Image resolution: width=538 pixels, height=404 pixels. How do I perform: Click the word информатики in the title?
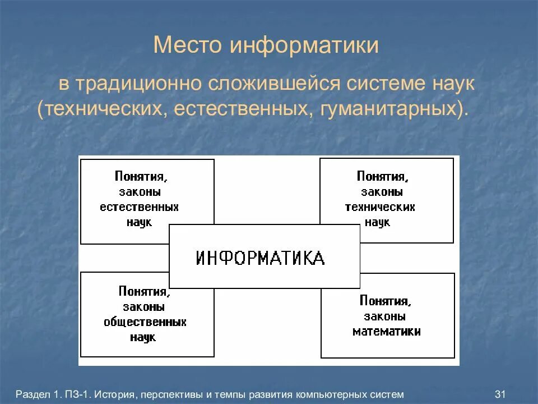coord(303,45)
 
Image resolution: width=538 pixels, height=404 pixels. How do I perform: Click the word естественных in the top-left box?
coord(140,207)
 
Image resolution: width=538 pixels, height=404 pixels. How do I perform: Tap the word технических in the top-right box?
coord(380,207)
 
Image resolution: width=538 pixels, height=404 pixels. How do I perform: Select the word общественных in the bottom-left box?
coord(145,323)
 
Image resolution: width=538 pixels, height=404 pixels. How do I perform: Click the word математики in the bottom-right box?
coord(387,331)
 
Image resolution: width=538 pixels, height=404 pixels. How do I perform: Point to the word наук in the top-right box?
coord(378,222)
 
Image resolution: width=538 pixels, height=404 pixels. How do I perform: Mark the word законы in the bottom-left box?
coord(143,307)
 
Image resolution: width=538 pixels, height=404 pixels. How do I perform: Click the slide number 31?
coord(501,394)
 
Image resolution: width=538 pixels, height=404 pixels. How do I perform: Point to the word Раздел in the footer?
coord(33,394)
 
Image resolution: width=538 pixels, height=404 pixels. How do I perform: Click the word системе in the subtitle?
coord(383,85)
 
